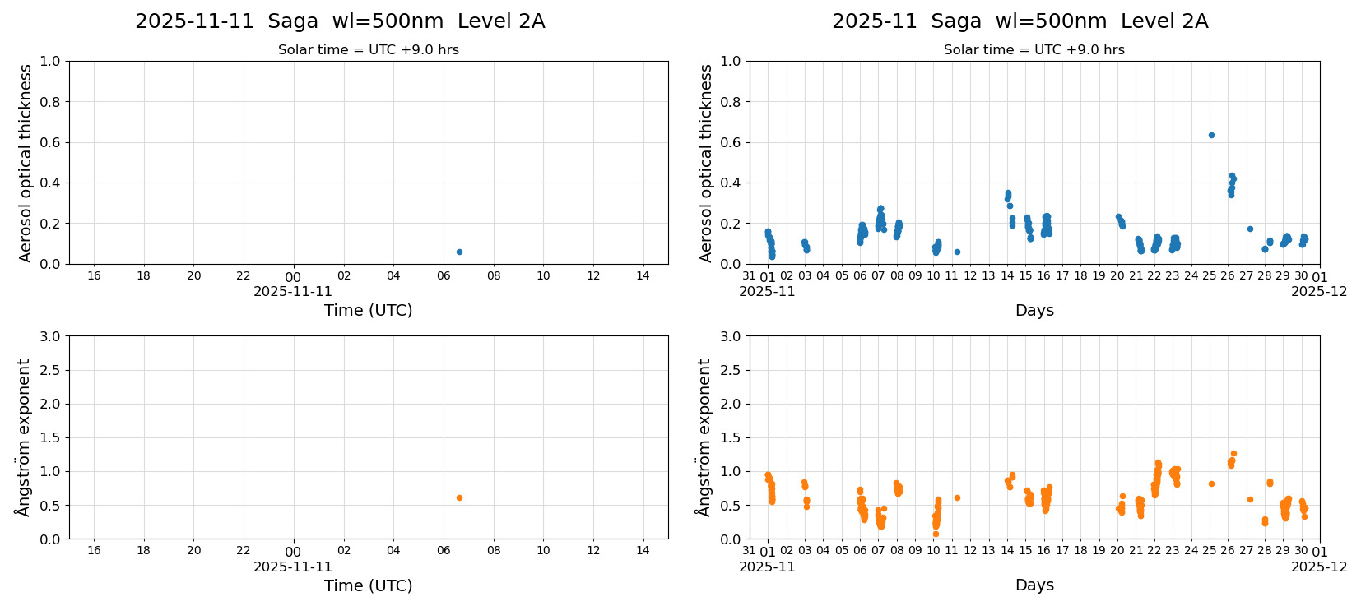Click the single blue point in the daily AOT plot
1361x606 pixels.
click(459, 252)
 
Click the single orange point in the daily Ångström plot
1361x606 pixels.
click(459, 497)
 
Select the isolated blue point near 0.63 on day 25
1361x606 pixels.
click(1211, 135)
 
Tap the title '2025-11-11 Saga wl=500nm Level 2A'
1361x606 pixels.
click(340, 21)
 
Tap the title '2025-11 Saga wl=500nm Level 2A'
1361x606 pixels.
click(1020, 21)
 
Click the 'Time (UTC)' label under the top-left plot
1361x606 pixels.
click(368, 310)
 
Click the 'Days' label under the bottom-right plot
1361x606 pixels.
click(1034, 585)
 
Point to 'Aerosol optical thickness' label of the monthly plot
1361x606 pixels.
click(706, 163)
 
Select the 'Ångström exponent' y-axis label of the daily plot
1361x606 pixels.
click(24, 437)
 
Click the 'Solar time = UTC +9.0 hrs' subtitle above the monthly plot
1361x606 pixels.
click(1034, 49)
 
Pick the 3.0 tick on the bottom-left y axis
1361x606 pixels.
click(50, 336)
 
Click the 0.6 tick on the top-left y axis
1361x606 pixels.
click(50, 142)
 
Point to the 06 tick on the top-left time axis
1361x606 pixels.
click(444, 275)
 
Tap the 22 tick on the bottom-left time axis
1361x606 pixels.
click(244, 550)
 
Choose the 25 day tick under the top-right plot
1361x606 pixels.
click(1210, 275)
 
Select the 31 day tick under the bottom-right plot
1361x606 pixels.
click(749, 550)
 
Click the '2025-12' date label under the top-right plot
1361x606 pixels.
click(1319, 291)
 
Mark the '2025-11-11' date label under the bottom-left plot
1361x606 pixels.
click(293, 567)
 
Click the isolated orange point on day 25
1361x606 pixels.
click(1211, 483)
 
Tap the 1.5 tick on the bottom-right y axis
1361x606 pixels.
click(731, 437)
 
